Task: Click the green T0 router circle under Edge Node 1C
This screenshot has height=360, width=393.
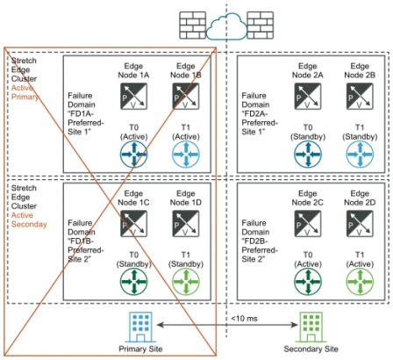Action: coord(134,278)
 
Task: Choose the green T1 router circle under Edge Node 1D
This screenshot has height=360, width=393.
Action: coord(182,278)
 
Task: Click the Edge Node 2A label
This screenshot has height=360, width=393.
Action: coord(310,70)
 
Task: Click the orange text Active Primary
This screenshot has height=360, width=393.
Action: coord(26,90)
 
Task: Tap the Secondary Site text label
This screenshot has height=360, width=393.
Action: coord(309,349)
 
